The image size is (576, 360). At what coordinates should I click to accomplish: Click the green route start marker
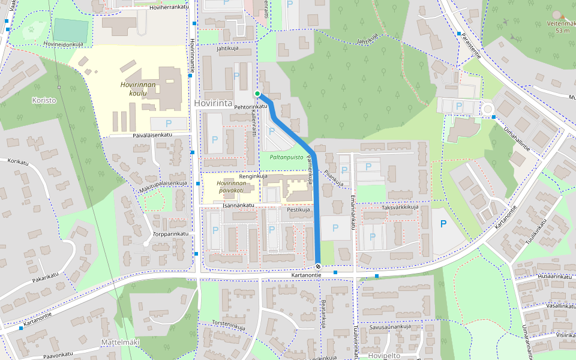point(257,94)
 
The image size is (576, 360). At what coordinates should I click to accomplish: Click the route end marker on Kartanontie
point(317,266)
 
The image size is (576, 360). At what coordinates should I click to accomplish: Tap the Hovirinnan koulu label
point(137,89)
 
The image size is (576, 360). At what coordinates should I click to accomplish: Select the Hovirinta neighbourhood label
point(213,104)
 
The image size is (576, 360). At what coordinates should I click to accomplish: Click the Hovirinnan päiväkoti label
point(230,186)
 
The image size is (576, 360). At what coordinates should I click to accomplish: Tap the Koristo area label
point(44,100)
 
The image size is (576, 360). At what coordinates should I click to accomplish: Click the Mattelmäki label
point(119,342)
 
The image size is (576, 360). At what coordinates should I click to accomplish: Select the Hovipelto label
point(383,355)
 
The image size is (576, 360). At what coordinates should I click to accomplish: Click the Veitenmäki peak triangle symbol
point(557,15)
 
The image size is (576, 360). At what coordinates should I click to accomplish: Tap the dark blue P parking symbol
point(443,224)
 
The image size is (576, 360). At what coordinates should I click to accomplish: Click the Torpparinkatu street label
point(170,233)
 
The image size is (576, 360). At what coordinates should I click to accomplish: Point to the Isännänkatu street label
point(239,205)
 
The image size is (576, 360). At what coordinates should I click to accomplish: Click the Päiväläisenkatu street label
point(152,135)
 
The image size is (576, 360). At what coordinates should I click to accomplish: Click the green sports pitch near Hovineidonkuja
point(71,29)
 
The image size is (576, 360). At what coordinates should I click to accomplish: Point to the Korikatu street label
point(18,161)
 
